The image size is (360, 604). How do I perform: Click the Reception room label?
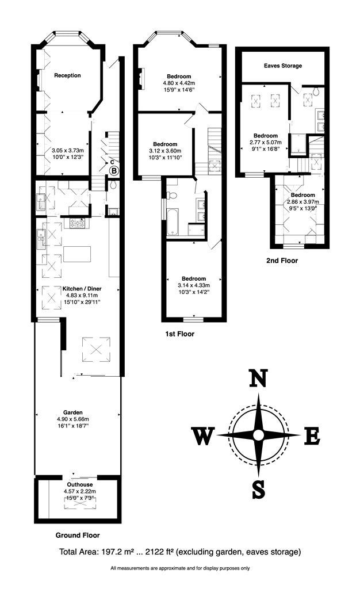(x=67, y=75)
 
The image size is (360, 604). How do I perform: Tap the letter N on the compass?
(x=259, y=380)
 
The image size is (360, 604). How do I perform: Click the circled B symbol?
(x=114, y=171)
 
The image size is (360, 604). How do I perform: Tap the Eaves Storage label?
(x=283, y=66)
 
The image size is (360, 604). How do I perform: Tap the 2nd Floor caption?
(x=282, y=260)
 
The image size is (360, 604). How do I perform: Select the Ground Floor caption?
(x=78, y=535)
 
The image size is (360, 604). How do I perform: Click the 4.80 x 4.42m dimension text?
(x=179, y=83)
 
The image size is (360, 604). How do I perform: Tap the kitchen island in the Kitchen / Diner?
(x=78, y=253)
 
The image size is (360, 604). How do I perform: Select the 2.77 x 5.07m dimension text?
(x=266, y=142)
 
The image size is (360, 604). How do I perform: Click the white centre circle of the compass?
(x=259, y=434)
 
